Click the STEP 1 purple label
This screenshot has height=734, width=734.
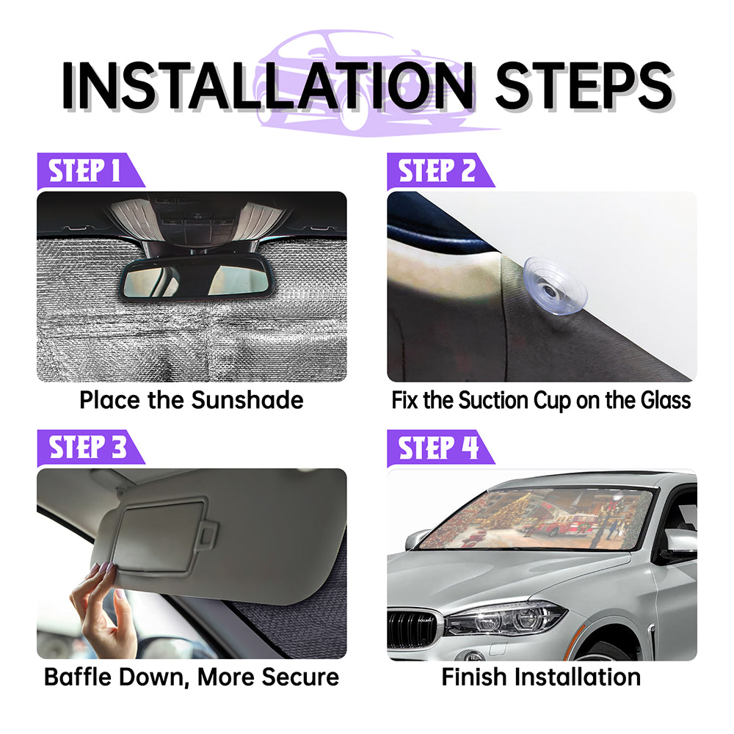click(89, 171)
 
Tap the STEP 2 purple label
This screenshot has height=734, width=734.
click(439, 171)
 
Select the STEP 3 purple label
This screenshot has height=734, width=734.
click(89, 448)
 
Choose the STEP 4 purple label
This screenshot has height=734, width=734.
click(439, 448)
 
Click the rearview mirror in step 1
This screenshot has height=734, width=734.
click(197, 278)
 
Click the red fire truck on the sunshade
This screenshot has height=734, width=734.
click(563, 524)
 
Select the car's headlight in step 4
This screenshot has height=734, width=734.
click(505, 619)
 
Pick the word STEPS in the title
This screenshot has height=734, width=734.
click(584, 86)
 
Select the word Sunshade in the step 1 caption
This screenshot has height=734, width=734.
click(247, 400)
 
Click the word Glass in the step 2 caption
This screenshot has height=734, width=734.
click(665, 400)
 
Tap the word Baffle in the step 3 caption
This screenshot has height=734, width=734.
click(78, 677)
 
